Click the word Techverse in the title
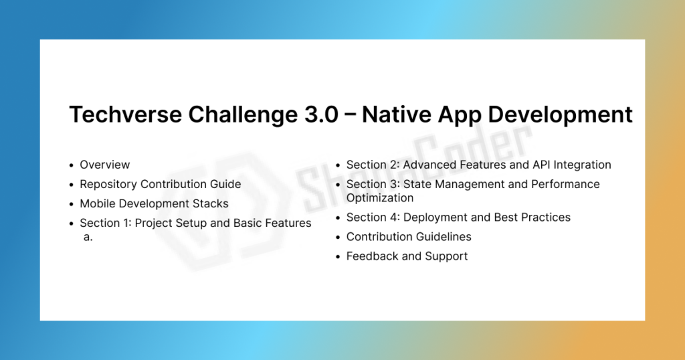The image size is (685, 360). pyautogui.click(x=125, y=114)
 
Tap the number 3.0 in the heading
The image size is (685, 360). pyautogui.click(x=320, y=114)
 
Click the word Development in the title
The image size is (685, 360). pyautogui.click(x=560, y=115)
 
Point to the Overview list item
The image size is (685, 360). pyautogui.click(x=105, y=165)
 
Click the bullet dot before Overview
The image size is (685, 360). pyautogui.click(x=71, y=165)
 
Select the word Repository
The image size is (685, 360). pyautogui.click(x=108, y=185)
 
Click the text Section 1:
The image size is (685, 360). pyautogui.click(x=106, y=223)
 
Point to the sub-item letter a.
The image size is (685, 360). pyautogui.click(x=88, y=238)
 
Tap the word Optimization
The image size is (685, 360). pyautogui.click(x=380, y=198)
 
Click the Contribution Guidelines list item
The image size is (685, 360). pyautogui.click(x=409, y=237)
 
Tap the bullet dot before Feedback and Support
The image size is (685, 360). pyautogui.click(x=338, y=257)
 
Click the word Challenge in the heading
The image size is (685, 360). pyautogui.click(x=243, y=115)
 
